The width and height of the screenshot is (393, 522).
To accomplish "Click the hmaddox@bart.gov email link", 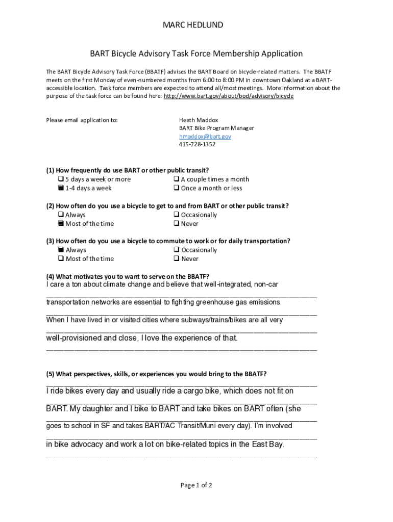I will tap(205, 137).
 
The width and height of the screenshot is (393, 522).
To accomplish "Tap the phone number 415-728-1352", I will tap(197, 145).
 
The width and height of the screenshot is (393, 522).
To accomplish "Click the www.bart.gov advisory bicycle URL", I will tap(228, 96).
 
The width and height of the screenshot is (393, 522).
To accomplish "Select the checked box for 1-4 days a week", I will tap(61, 189).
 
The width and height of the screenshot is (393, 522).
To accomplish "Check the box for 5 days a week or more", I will tap(61, 179).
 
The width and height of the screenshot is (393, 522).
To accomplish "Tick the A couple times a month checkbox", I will tap(176, 179).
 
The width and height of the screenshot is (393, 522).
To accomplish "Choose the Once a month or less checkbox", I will tap(176, 189).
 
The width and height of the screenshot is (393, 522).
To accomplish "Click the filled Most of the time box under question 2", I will tap(61, 224).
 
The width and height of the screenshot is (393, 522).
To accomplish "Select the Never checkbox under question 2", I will tap(176, 224).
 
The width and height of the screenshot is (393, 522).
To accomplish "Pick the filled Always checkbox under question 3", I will tap(61, 250).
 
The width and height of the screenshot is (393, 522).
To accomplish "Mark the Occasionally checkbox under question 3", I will tap(176, 250).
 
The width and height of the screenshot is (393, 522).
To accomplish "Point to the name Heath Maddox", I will tap(198, 120).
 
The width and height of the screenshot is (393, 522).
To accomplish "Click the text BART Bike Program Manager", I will tap(216, 128).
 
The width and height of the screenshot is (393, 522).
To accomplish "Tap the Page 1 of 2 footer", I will tap(196, 485).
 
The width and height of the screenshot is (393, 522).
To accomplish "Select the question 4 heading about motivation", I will tap(128, 276).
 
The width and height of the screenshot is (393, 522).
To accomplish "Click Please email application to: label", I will tap(82, 120).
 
